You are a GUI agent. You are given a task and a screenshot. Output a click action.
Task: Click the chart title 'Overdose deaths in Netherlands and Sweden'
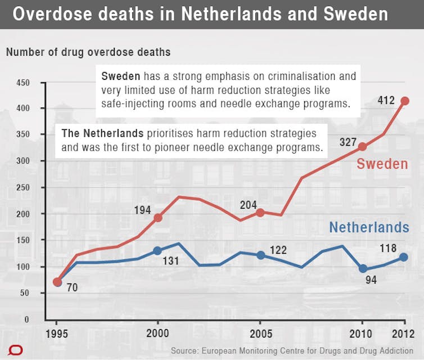pos(200,14)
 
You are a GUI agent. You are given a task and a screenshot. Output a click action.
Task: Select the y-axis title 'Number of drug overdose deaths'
pos(88,52)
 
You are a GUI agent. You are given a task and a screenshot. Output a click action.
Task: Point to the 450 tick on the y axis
pos(23,83)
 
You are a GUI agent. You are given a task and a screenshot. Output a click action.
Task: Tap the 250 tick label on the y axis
pos(23,187)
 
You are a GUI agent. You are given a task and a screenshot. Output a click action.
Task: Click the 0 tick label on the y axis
pos(26,319)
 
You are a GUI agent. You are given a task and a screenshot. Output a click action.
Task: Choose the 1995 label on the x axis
pos(57,334)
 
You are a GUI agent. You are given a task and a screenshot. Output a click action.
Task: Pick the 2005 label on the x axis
pos(261,334)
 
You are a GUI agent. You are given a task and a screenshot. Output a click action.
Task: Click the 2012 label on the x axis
pos(403,334)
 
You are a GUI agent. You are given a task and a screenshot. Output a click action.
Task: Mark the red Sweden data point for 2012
pos(405,101)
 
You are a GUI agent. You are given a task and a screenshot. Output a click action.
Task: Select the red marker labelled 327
pos(362,147)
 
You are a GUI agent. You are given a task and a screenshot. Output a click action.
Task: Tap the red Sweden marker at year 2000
pos(158,218)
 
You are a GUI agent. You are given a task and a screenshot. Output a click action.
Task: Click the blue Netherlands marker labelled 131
pos(157,251)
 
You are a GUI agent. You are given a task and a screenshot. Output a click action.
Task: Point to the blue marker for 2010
pos(363,268)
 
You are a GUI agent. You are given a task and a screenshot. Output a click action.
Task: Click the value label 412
pos(386,100)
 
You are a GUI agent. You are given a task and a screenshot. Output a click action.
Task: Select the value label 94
pos(371,280)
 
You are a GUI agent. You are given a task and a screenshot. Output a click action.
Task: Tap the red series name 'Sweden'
pos(382,164)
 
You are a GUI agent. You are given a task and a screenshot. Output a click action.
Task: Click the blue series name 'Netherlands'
pos(369,227)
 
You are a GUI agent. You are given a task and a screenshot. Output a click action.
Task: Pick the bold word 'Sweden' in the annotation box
pos(120,76)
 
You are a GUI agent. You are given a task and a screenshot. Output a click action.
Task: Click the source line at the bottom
pos(292,351)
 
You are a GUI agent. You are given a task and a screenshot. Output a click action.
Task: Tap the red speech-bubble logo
pos(15,350)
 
